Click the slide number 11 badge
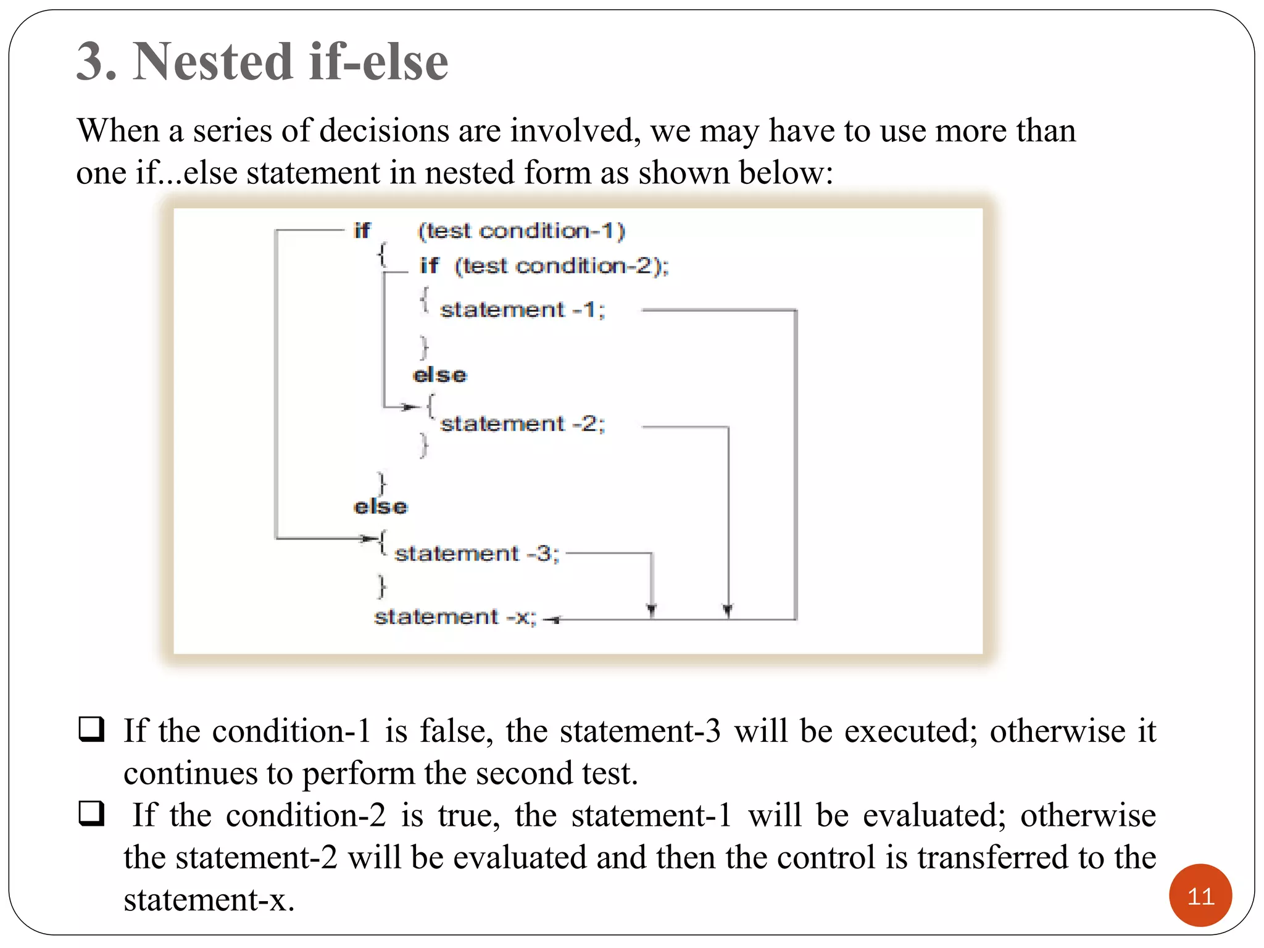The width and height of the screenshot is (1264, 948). point(1200,896)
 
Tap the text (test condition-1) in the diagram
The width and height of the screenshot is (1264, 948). point(522,231)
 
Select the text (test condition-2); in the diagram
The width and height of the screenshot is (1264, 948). point(561,266)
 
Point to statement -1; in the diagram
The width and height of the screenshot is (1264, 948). point(522,309)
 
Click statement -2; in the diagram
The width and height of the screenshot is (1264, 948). point(522,424)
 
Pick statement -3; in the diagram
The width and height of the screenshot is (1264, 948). point(476,554)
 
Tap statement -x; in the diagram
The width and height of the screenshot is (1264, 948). point(455,617)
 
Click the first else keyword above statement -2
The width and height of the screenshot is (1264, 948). point(439,375)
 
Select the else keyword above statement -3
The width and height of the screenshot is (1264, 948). point(380,507)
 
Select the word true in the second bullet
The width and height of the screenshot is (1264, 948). point(468,815)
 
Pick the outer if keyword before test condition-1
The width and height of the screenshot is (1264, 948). point(362,231)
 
